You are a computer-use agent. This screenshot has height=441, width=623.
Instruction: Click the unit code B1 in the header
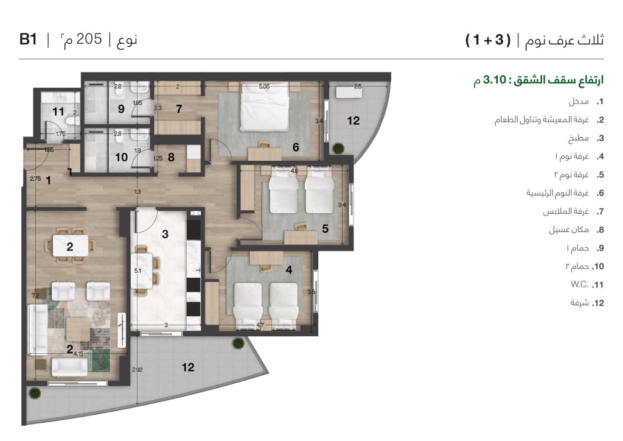click(x=29, y=40)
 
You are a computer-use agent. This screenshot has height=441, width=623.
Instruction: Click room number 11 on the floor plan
click(x=58, y=111)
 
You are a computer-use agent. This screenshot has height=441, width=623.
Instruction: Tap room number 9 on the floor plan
click(x=120, y=110)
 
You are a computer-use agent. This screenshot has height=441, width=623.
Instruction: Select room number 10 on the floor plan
click(x=121, y=157)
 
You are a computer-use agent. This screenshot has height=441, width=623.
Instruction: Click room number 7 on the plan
click(x=179, y=110)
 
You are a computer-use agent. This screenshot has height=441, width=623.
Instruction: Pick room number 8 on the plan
click(x=171, y=157)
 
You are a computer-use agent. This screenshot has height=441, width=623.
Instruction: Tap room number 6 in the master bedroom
click(x=296, y=147)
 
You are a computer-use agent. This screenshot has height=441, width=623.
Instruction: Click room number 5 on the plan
click(x=325, y=229)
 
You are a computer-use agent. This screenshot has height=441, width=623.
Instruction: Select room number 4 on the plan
click(x=289, y=270)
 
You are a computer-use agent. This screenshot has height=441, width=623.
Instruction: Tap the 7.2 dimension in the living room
click(x=35, y=296)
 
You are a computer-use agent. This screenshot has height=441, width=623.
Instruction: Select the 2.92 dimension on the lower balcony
click(x=136, y=370)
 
